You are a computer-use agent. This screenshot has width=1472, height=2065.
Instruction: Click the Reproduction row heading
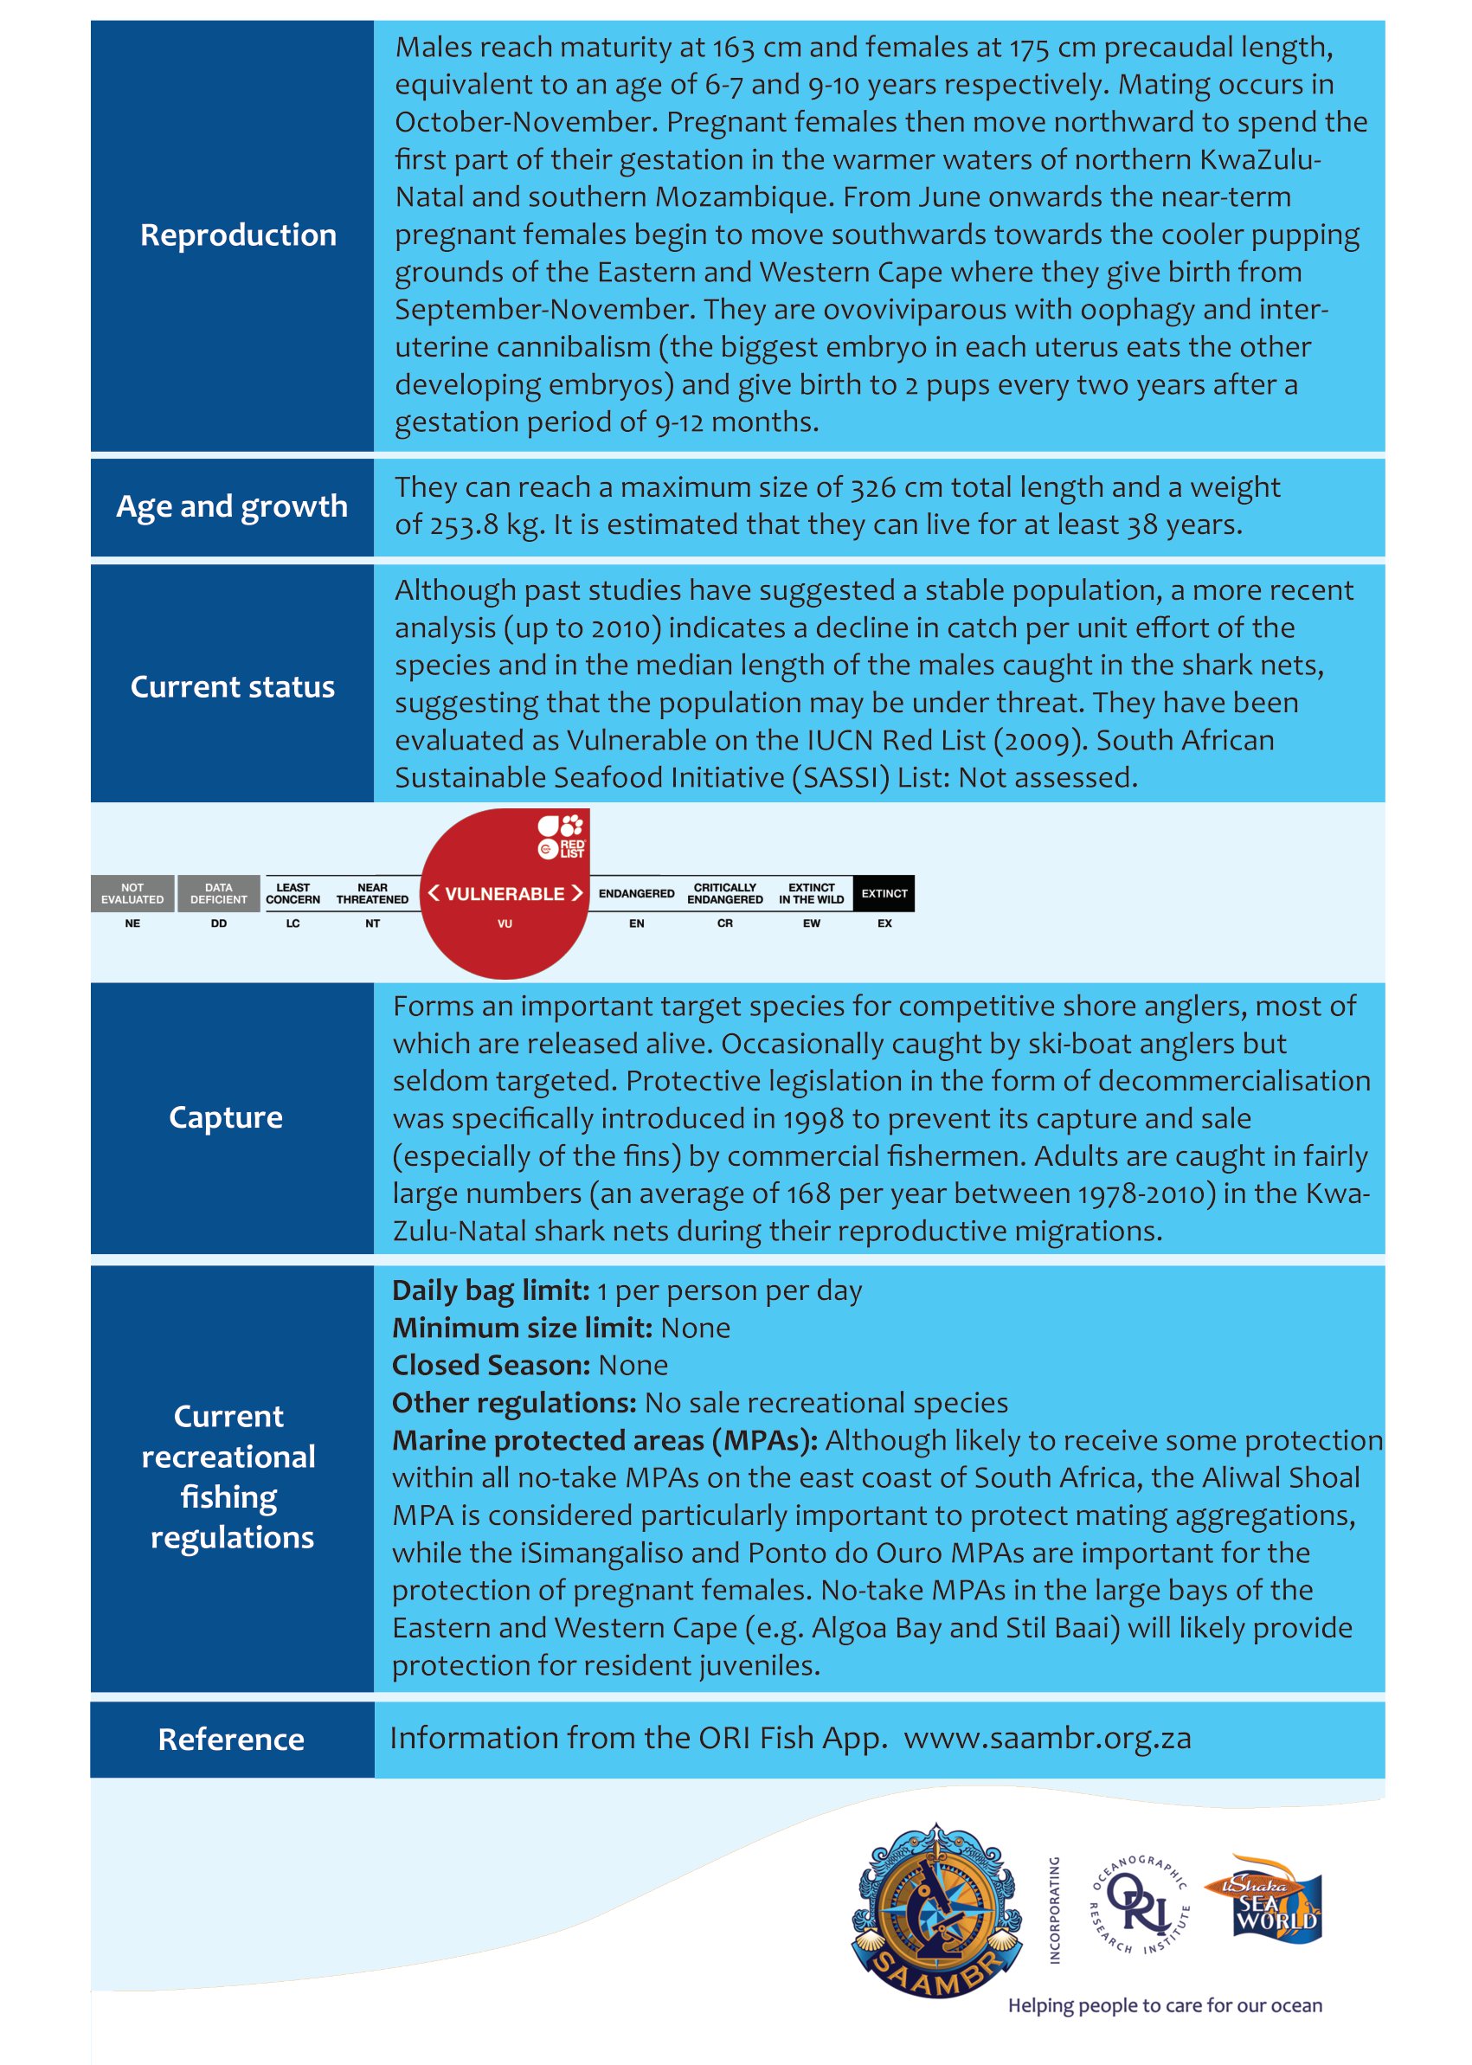click(x=237, y=235)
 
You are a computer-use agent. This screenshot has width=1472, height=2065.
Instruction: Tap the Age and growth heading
click(x=232, y=507)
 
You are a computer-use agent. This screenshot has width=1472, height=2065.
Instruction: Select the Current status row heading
click(x=232, y=687)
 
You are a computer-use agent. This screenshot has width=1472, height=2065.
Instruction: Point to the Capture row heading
click(x=226, y=1117)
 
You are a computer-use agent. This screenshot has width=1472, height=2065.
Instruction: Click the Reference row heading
click(x=231, y=1740)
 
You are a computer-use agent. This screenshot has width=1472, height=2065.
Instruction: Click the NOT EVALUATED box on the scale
click(x=132, y=894)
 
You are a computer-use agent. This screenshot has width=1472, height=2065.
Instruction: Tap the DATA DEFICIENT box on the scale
click(x=218, y=894)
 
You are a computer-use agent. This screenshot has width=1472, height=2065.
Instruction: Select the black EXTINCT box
click(x=884, y=894)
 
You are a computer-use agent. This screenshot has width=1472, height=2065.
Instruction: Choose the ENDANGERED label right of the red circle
click(x=636, y=894)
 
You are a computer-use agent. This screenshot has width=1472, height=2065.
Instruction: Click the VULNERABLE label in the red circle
click(x=505, y=894)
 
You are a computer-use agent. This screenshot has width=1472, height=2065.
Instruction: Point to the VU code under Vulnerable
click(x=505, y=923)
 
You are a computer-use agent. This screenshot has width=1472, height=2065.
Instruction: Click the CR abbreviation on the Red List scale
click(x=725, y=923)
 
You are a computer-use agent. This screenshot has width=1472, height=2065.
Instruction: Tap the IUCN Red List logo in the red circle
click(x=562, y=837)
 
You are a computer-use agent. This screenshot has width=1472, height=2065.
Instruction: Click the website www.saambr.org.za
click(x=1047, y=1738)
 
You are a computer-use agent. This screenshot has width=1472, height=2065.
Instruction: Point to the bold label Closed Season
click(x=491, y=1365)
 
